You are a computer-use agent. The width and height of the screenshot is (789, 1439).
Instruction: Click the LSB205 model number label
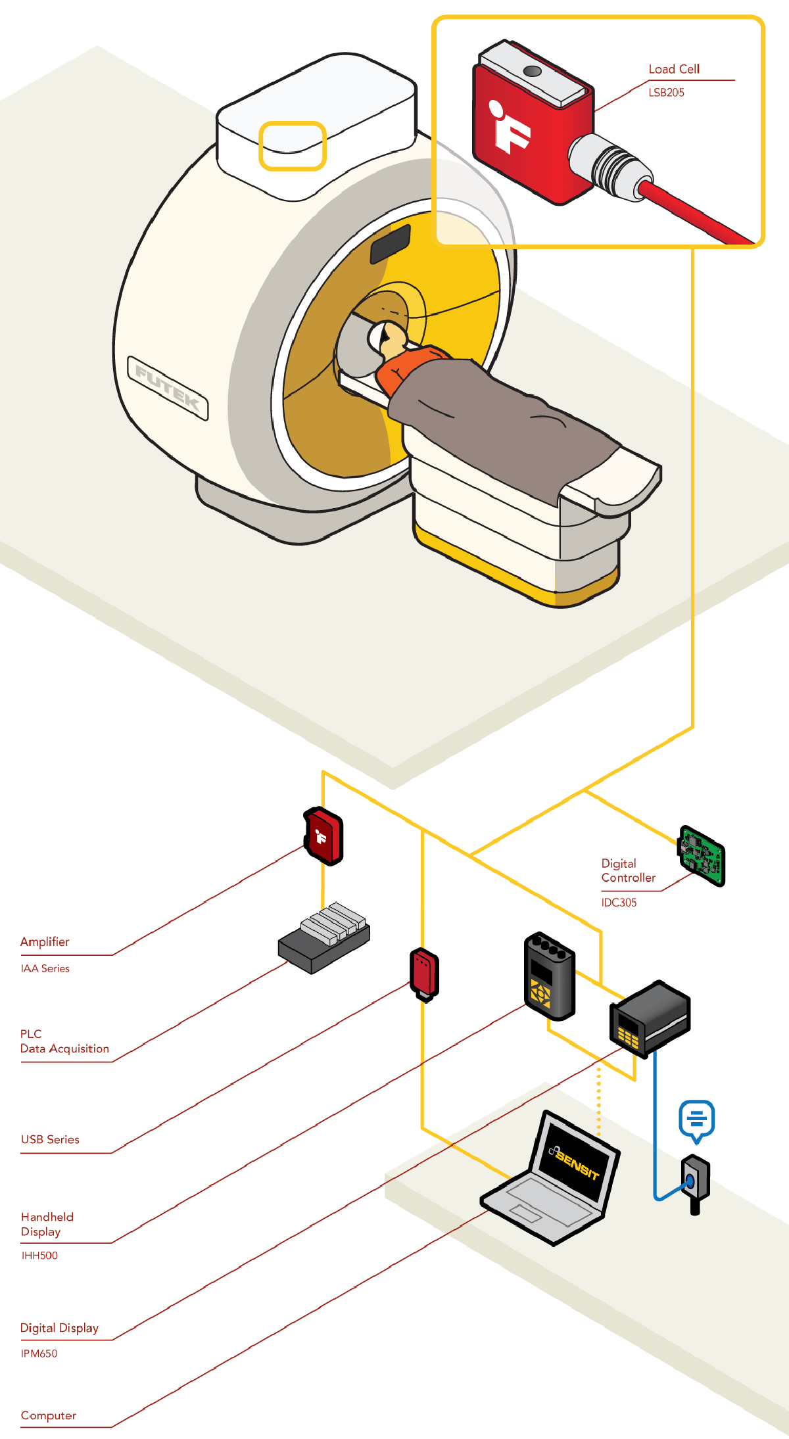point(666,93)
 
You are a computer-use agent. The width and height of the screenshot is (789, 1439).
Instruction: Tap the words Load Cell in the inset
point(674,69)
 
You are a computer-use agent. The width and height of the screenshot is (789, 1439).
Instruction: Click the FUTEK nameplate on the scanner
point(168,388)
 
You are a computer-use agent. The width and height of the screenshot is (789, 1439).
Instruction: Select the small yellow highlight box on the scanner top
point(293,146)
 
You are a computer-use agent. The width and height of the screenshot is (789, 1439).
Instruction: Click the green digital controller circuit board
point(702,857)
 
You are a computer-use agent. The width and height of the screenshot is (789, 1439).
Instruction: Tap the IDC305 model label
point(619,903)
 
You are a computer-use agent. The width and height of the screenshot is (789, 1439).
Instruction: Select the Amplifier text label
point(45,942)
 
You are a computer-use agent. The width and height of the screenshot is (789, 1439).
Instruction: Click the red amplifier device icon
point(323,836)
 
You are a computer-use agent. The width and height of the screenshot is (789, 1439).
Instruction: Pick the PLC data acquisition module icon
point(324,937)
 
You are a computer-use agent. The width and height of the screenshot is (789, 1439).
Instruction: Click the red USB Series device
point(424,973)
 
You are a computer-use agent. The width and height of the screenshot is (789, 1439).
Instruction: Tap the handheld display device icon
point(549,976)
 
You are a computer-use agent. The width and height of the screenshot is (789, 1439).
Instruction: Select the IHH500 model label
point(39,1256)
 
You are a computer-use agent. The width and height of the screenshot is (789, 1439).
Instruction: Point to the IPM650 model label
point(39,1354)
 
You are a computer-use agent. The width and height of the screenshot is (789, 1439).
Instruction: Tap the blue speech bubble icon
point(696,1120)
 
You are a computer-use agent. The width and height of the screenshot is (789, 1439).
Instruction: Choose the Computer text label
point(49,1415)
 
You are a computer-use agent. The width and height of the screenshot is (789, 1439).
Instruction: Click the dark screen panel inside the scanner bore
point(391,244)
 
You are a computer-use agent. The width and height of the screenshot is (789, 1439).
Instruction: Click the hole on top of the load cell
point(533,71)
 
